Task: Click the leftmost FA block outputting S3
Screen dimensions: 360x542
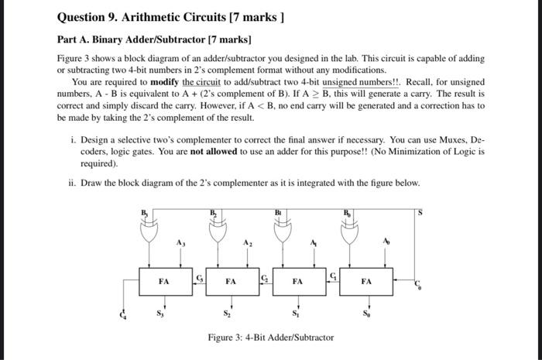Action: pyautogui.click(x=164, y=282)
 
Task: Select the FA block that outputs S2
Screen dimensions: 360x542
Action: pyautogui.click(x=231, y=282)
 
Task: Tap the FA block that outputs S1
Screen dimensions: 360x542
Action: pyautogui.click(x=297, y=282)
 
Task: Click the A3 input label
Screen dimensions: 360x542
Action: pyautogui.click(x=180, y=242)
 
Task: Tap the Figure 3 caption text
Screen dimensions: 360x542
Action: pyautogui.click(x=271, y=338)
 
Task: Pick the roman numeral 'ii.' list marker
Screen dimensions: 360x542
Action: pyautogui.click(x=73, y=183)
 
